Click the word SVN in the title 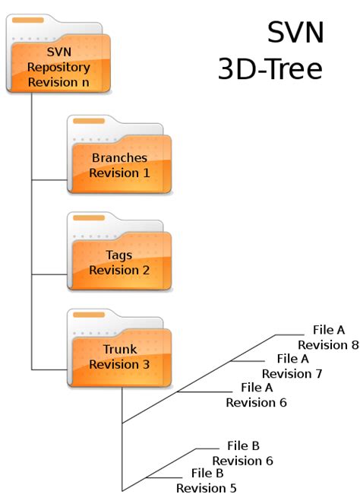coord(295,33)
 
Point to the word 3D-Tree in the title coord(270,69)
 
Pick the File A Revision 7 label coord(292,366)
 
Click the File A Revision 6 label coord(256,395)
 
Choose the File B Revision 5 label coord(207,480)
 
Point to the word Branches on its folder coord(119,158)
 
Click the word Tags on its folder coord(119,255)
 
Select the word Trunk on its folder coord(119,350)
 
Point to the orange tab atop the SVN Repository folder coord(27,17)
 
